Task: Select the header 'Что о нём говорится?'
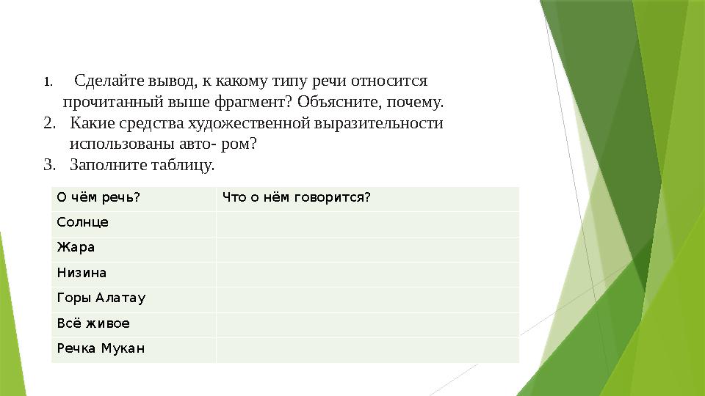pos(295,197)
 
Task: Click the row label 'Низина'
pos(82,273)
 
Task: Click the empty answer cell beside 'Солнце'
pos(367,222)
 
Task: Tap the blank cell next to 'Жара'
pos(367,248)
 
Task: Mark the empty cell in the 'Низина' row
pos(367,273)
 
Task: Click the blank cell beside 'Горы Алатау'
pos(367,298)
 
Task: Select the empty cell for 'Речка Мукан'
pos(367,348)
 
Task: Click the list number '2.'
pos(49,122)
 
